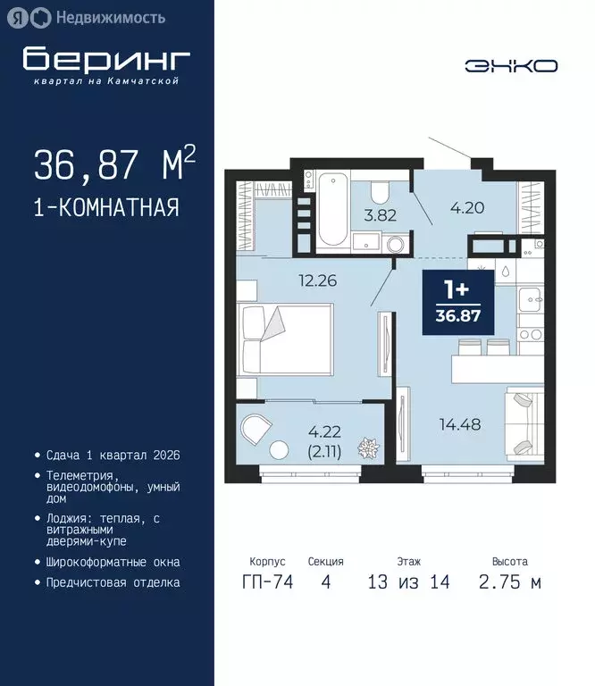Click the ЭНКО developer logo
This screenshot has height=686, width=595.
[511, 65]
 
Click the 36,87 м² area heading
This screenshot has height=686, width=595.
[114, 164]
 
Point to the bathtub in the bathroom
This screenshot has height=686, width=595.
[333, 209]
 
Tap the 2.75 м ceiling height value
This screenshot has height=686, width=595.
[509, 582]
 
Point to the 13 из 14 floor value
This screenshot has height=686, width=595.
[409, 582]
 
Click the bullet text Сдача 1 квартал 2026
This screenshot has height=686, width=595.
[113, 455]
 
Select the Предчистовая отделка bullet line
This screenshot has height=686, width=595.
[113, 582]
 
